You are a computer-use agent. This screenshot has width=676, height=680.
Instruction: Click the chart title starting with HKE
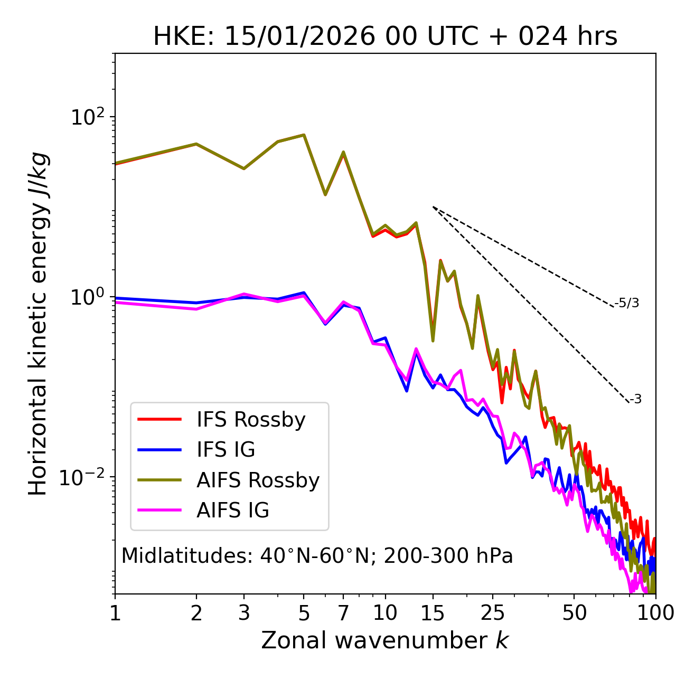(385, 37)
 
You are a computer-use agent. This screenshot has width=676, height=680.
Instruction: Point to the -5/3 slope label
(627, 303)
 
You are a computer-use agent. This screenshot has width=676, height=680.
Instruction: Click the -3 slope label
(635, 399)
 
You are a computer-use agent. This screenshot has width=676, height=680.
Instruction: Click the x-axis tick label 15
(433, 613)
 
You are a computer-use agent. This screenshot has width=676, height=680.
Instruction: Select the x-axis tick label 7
(343, 613)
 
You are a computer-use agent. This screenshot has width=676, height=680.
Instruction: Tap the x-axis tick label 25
(493, 613)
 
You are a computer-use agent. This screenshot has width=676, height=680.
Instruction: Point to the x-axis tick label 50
(574, 613)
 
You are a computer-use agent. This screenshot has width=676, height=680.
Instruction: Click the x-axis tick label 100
(655, 613)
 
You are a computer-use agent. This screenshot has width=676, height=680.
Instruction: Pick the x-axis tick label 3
(243, 613)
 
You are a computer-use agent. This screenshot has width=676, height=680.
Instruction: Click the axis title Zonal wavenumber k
(385, 640)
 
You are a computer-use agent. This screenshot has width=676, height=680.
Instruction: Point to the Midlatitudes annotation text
(317, 556)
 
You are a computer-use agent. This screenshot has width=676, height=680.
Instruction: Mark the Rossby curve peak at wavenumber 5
(304, 135)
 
